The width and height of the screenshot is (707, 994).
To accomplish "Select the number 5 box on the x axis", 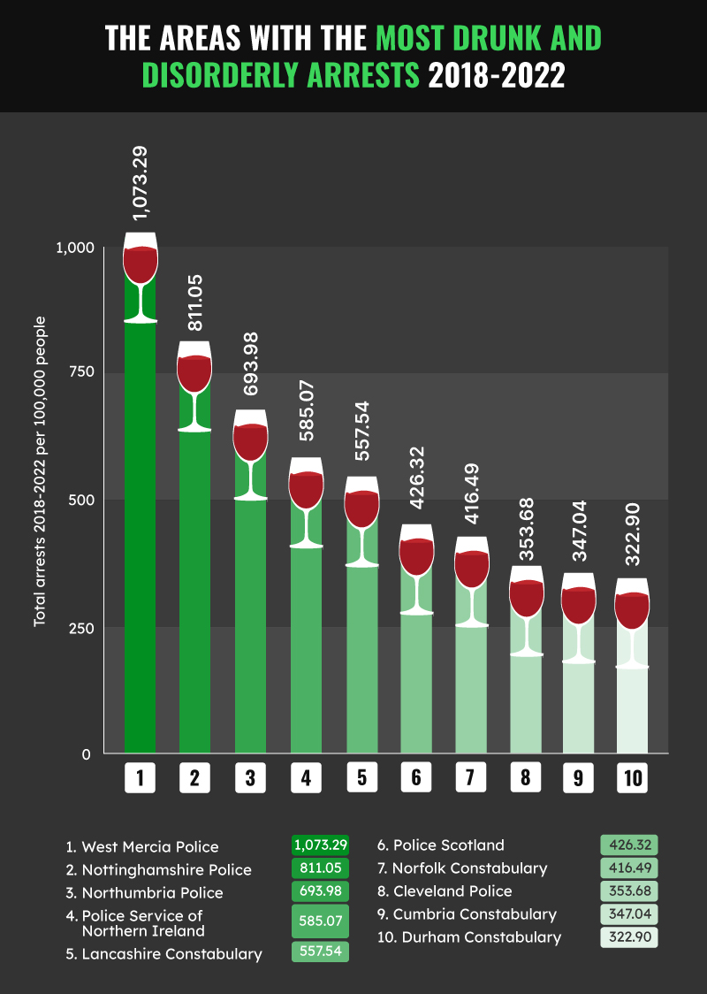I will [x=361, y=777].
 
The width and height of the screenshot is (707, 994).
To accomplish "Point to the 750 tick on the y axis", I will [x=80, y=372].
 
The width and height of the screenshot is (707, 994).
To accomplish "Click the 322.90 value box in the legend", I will [x=629, y=937].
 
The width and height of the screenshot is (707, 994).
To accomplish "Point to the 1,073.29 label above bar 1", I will [x=140, y=182].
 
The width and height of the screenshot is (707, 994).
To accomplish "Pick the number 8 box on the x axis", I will [x=526, y=777].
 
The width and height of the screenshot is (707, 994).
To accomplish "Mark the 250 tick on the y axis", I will [x=80, y=628].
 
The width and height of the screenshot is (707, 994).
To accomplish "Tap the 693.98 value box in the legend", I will [x=320, y=891].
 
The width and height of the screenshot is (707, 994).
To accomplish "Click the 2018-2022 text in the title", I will [x=496, y=76].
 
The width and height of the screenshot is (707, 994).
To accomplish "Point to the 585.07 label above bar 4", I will [x=307, y=414].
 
